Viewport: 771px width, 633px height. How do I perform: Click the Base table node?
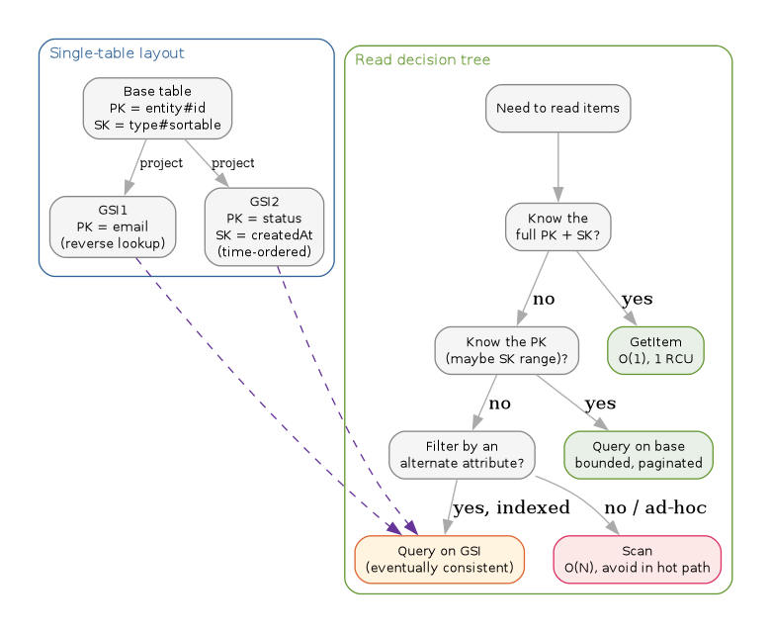click(157, 108)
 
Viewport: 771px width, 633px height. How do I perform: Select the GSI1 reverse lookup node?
click(113, 226)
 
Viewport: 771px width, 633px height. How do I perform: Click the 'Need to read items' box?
click(557, 108)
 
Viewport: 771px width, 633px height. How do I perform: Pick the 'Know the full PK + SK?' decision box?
click(557, 226)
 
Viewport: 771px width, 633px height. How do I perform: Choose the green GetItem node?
click(655, 350)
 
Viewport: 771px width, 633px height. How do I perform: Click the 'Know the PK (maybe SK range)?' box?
click(506, 350)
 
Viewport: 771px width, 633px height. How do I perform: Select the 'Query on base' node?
click(638, 454)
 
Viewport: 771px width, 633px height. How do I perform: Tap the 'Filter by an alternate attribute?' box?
click(462, 454)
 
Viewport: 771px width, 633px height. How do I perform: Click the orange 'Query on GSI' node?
click(439, 559)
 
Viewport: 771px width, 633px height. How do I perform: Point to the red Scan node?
click(637, 559)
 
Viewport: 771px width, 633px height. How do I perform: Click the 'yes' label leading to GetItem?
click(637, 299)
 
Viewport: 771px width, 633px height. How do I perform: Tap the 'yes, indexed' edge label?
click(511, 507)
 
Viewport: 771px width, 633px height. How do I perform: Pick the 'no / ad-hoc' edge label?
click(655, 507)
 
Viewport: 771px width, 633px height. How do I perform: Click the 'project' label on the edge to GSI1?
click(161, 162)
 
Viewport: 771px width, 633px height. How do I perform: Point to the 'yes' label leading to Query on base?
click(600, 404)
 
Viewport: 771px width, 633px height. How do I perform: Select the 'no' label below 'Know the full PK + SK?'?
click(544, 299)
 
